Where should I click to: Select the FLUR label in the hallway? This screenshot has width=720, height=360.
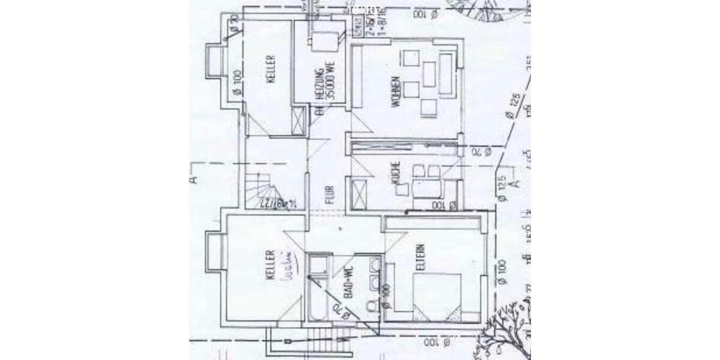coord(329,194)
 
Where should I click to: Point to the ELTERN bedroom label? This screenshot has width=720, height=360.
coord(421,257)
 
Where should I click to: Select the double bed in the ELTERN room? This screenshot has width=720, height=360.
coord(436,294)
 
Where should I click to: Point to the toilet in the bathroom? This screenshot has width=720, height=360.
coord(371,306)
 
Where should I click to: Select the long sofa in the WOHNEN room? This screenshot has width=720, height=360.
coord(446,73)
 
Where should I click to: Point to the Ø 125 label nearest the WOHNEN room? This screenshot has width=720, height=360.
coord(511,108)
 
